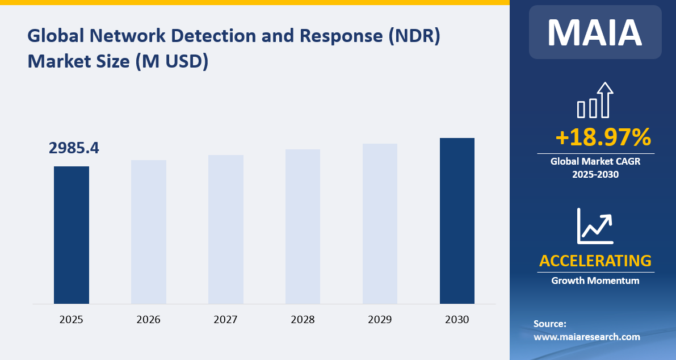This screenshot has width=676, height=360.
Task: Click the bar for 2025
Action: (x=72, y=235)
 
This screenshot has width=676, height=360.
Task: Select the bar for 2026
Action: (x=149, y=232)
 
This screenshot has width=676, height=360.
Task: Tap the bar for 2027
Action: (x=226, y=229)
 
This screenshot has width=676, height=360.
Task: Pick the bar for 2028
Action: (x=303, y=227)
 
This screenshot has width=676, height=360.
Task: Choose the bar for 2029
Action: (x=380, y=224)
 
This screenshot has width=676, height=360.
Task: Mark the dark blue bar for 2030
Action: (x=457, y=221)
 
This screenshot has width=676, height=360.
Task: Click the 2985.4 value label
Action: (x=74, y=148)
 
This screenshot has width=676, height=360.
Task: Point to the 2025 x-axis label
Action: (x=72, y=320)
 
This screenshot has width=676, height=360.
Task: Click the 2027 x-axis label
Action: (x=226, y=320)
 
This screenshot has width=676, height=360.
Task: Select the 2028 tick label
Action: (x=303, y=320)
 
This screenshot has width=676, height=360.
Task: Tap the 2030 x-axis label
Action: (x=457, y=320)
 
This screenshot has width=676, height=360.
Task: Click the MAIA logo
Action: (x=595, y=32)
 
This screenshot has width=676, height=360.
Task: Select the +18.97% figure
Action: (x=603, y=137)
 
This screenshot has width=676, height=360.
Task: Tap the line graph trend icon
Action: (x=595, y=225)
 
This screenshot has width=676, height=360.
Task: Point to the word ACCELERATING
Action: (x=595, y=261)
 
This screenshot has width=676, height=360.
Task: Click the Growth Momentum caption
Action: (x=595, y=281)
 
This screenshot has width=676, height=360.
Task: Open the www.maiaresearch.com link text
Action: (x=587, y=337)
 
